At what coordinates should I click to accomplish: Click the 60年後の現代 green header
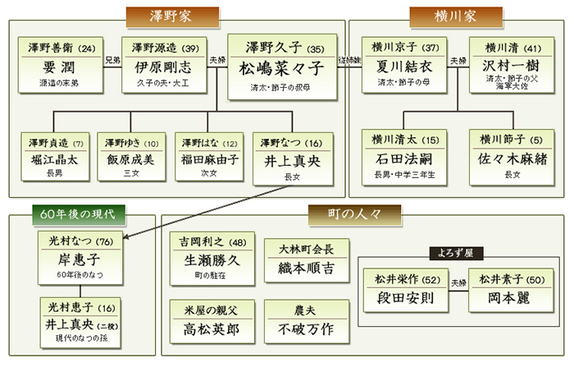(x=79, y=214)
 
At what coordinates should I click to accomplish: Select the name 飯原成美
(x=130, y=159)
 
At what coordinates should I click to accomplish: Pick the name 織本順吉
(x=306, y=268)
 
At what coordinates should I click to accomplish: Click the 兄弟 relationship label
(x=112, y=59)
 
